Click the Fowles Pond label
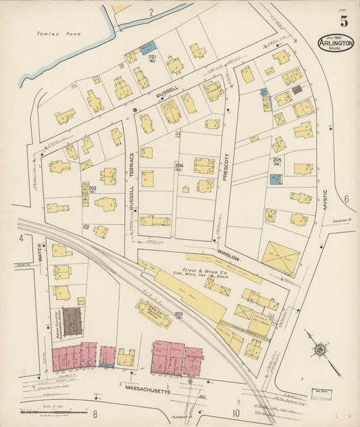[x=53, y=32]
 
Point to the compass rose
[x=319, y=350]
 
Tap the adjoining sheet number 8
[x=95, y=413]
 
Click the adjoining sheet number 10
[x=236, y=413]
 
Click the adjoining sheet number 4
[x=21, y=238]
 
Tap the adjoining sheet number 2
[x=151, y=12]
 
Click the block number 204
[x=179, y=166]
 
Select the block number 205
[x=277, y=159]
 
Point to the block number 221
[x=153, y=57]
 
